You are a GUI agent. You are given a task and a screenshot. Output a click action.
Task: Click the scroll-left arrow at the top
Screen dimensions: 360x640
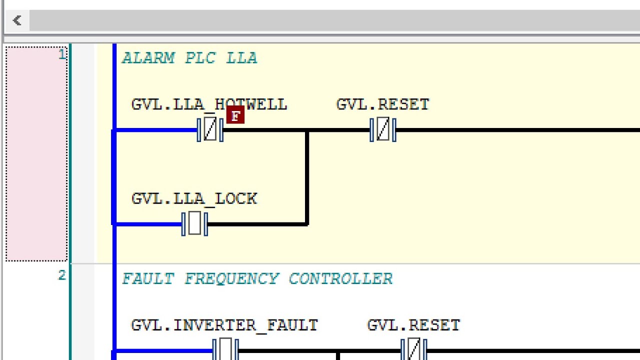pos(17,20)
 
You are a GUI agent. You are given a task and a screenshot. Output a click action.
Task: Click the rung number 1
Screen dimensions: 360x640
pos(62,54)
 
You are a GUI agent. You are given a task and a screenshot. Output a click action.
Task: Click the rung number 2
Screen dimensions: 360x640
pos(62,275)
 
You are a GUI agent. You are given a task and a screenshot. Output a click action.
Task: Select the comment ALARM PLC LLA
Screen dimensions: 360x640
pos(189,58)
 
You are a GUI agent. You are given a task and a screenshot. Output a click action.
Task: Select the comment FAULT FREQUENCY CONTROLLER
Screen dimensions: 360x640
pos(257,279)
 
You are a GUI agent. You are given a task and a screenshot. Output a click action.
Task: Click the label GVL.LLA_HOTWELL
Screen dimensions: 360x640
pos(209,104)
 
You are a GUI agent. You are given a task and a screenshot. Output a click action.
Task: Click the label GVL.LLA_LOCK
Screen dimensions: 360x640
pos(194,199)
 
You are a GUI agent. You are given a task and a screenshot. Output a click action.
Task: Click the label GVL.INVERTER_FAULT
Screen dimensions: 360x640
pos(224,325)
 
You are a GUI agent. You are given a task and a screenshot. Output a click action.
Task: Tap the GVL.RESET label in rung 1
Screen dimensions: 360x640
pos(383,104)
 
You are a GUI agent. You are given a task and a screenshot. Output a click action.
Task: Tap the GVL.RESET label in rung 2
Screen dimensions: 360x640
pos(413,325)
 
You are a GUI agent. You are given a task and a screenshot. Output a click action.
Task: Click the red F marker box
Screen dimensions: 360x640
pos(235,115)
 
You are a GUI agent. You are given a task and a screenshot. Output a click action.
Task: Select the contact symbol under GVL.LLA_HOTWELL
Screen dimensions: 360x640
pos(210,130)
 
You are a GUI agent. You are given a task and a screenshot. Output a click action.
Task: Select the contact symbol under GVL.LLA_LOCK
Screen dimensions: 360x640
pos(194,224)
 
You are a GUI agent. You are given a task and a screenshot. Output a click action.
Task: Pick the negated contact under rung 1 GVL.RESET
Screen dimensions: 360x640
pos(383,130)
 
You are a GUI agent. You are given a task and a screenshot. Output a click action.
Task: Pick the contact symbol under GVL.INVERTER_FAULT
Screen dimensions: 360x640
pos(225,349)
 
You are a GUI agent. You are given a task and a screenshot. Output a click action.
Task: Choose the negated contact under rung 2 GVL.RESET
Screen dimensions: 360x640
pos(414,349)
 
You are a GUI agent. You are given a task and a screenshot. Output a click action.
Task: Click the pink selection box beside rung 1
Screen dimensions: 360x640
pos(36,154)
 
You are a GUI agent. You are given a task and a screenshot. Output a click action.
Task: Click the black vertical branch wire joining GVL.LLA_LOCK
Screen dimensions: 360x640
pos(307,177)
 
